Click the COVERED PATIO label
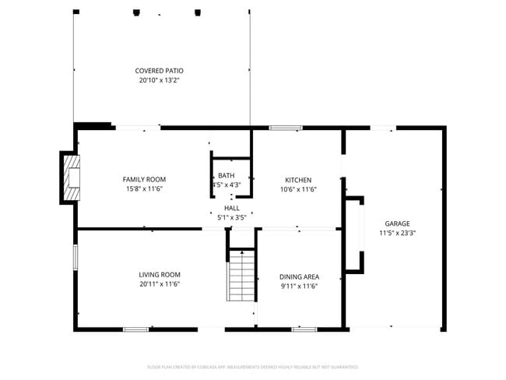[x=159, y=70]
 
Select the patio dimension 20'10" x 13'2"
[x=159, y=79]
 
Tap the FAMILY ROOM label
[x=144, y=179]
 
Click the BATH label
[x=226, y=175]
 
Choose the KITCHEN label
[x=297, y=180]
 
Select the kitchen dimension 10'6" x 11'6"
[x=297, y=189]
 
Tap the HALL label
[x=232, y=208]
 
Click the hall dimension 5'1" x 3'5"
[x=232, y=217]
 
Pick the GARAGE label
[x=397, y=223]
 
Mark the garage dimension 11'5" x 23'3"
[x=397, y=232]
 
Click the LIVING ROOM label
[x=160, y=274]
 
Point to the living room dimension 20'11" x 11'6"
[x=160, y=284]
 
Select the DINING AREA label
[x=299, y=276]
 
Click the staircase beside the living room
[x=241, y=276]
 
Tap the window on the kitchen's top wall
[x=286, y=127]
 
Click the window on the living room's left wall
[x=76, y=258]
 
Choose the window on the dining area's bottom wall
[x=304, y=329]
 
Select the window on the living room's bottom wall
[x=135, y=329]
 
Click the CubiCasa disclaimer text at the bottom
[x=252, y=366]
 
